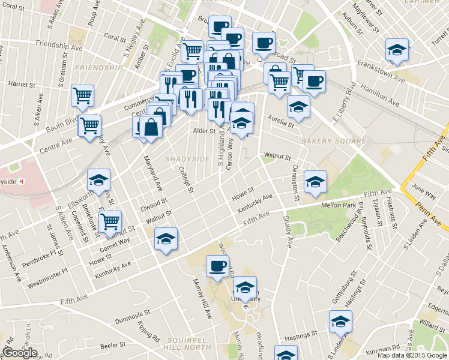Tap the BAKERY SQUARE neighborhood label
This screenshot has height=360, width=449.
[x=333, y=141]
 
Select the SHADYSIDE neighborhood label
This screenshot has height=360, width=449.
[x=188, y=159]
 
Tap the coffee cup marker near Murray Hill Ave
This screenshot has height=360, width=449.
[x=217, y=265]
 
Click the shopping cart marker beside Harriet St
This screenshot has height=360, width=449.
[x=82, y=95]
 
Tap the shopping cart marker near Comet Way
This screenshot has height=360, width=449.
[x=110, y=221]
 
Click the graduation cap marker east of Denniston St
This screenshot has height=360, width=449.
[x=315, y=182]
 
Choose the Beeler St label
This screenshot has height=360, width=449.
[x=112, y=346]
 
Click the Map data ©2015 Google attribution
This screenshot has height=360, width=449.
[x=412, y=355]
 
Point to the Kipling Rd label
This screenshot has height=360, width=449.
[x=148, y=332]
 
